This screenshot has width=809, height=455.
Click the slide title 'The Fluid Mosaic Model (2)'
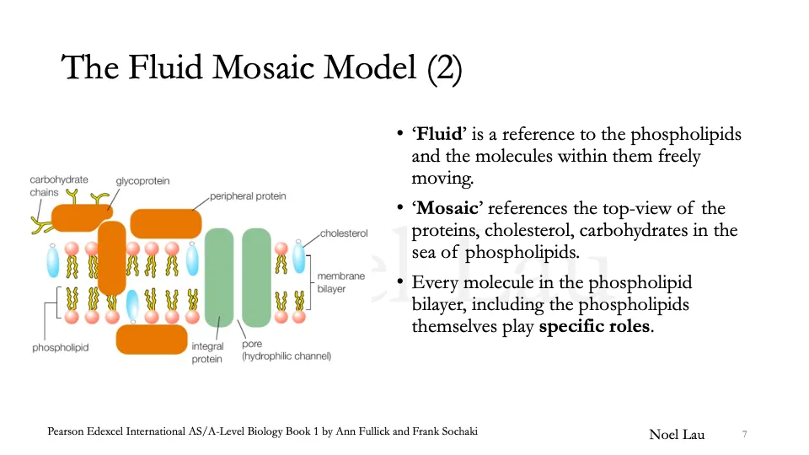click(262, 67)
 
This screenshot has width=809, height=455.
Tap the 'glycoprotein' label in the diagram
click(144, 180)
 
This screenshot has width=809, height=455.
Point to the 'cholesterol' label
click(344, 233)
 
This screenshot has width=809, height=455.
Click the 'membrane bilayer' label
click(341, 282)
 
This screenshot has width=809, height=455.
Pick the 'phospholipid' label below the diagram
click(61, 347)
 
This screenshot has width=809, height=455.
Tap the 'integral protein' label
click(207, 352)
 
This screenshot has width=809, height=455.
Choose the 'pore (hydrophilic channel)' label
click(286, 351)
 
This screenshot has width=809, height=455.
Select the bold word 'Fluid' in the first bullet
click(436, 135)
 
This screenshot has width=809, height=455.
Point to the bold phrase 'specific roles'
click(594, 326)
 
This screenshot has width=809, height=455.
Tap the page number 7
click(744, 434)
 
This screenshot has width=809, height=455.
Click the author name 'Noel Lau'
click(677, 434)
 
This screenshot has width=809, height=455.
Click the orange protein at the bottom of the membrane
click(152, 339)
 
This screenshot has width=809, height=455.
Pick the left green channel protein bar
click(218, 276)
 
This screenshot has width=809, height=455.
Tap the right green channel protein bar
click(256, 276)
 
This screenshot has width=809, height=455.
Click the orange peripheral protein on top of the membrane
click(166, 223)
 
